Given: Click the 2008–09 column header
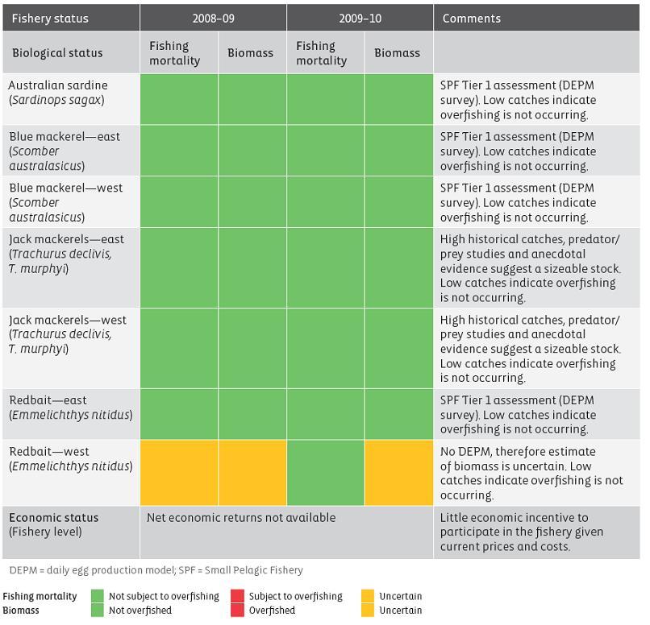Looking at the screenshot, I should [x=213, y=19].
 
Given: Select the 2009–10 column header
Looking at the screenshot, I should [x=360, y=19].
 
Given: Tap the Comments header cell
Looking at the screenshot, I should [x=472, y=19].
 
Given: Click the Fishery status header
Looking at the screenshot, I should [x=50, y=19].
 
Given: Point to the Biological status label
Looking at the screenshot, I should [x=57, y=53].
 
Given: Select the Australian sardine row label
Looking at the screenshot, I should [x=58, y=93].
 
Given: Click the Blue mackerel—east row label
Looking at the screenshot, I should [x=65, y=151].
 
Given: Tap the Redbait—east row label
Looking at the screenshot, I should [x=70, y=408].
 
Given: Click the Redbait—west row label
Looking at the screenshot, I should [x=70, y=459].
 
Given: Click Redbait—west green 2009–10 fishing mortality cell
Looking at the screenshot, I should [x=325, y=472].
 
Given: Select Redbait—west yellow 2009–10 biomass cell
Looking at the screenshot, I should [x=398, y=472].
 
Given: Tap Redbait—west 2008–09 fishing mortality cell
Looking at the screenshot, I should [x=178, y=472].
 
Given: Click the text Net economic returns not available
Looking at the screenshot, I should [x=240, y=518].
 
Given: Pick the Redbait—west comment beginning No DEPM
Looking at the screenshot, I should [x=531, y=474].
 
